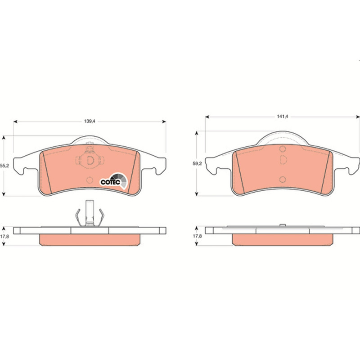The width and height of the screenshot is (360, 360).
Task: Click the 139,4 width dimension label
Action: (x=89, y=121)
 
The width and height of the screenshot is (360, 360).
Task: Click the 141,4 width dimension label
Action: (x=282, y=117)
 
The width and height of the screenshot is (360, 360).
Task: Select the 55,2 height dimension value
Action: (x=4, y=166)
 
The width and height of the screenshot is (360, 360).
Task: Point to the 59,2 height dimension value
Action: (x=197, y=164)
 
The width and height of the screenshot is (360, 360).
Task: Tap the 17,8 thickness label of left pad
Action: (x=4, y=236)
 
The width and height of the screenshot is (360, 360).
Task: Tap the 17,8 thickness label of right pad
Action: (x=197, y=236)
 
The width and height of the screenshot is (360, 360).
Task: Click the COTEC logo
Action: (x=114, y=181)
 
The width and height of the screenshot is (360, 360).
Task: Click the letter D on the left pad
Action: (x=90, y=160)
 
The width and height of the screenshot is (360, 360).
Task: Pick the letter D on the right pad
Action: (x=283, y=160)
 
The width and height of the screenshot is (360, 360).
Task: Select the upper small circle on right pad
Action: (x=283, y=149)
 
